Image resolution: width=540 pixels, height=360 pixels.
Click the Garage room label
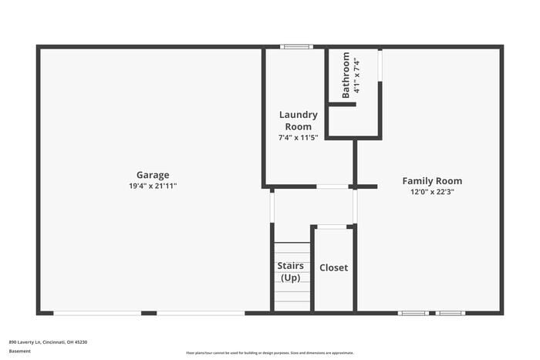click(153, 175)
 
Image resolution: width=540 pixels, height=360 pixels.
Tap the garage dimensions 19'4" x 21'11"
click(153, 187)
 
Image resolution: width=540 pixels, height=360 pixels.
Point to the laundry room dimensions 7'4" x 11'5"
click(298, 137)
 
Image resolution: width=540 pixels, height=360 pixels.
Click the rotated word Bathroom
click(346, 75)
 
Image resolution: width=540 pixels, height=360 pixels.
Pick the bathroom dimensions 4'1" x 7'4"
click(357, 75)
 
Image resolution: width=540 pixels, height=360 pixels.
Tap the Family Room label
click(432, 181)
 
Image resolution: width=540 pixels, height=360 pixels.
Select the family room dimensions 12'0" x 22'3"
click(432, 193)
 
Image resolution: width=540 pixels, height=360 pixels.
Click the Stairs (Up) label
click(290, 271)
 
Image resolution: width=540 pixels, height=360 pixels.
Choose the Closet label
click(333, 267)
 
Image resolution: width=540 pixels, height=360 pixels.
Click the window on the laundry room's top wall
click(296, 47)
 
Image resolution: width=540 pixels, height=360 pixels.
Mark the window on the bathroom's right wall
click(380, 66)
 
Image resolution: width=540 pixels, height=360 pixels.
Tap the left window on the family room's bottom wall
click(413, 313)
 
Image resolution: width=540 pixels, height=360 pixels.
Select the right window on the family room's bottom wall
click(450, 313)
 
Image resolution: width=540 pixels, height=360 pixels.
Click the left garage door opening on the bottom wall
click(97, 313)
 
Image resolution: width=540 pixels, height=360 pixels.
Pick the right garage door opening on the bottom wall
click(201, 313)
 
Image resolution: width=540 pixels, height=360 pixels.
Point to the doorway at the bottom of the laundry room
click(332, 187)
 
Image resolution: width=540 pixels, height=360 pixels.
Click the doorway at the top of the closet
click(332, 227)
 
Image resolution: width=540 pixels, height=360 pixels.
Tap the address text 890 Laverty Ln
click(48, 341)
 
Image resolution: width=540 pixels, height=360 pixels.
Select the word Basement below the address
click(20, 352)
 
